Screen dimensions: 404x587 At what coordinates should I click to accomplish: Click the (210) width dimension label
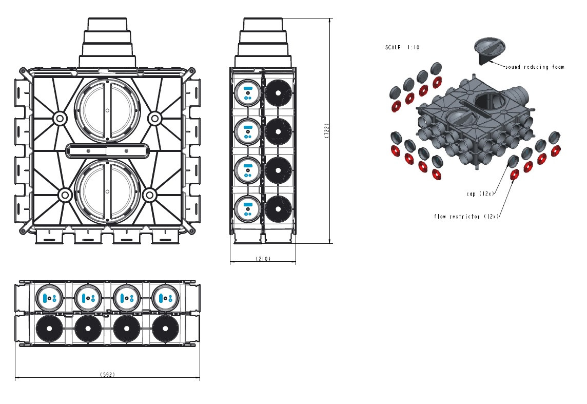263,259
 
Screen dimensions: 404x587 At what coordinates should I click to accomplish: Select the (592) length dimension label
107,375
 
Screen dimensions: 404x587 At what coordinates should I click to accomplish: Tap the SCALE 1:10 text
402,47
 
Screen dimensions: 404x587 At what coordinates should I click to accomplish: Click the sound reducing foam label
534,67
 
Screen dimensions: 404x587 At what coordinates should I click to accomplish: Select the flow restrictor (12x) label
466,217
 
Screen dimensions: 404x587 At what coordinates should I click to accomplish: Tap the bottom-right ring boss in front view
150,195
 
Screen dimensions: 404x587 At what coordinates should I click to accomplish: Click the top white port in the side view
247,93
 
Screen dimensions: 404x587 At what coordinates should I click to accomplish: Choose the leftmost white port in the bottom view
49,298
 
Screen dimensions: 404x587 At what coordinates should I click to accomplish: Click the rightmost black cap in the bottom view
165,328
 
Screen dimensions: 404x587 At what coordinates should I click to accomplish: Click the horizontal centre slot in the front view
107,151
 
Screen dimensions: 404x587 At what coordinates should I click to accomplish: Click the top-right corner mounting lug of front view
192,70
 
